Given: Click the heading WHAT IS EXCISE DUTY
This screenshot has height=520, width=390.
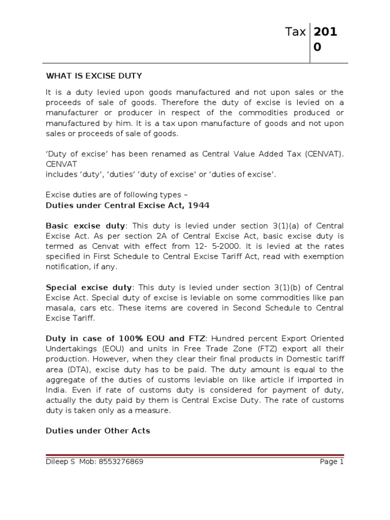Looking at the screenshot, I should point(94,76).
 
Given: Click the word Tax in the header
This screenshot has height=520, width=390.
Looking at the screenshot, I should point(295,32).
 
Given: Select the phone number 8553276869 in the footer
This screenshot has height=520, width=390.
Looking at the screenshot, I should point(118,462).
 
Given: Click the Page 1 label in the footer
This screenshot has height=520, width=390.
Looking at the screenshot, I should point(332,462).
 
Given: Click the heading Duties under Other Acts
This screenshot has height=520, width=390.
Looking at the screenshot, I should point(98,431).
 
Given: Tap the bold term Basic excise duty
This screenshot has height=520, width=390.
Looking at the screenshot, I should point(85,225).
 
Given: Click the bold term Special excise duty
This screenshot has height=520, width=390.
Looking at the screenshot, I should point(89,287).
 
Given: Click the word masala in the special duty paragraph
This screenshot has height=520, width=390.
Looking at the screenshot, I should point(60,308).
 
